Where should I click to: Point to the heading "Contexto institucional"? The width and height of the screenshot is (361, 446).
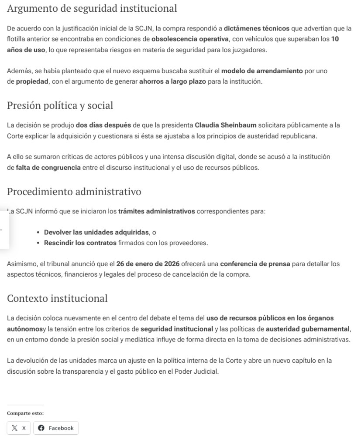coord(57,299)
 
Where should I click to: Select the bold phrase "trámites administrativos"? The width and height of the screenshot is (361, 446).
coord(157,212)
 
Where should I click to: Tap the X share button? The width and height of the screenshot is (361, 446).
coord(19,428)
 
